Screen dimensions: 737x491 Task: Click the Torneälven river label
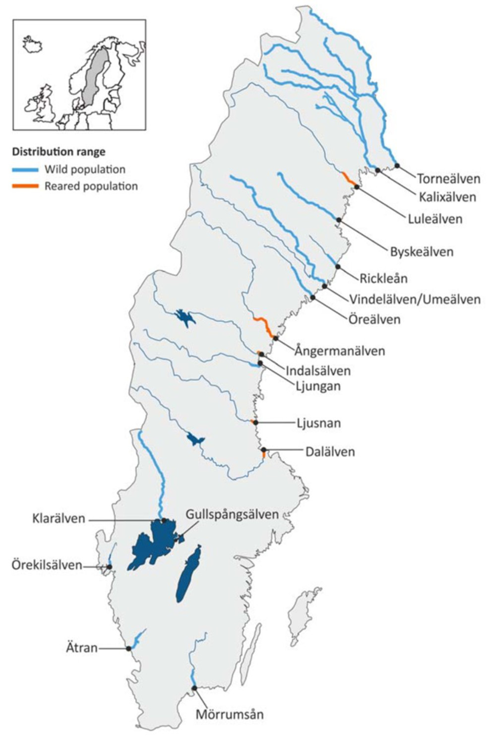[x=448, y=179]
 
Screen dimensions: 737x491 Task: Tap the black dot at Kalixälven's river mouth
[x=378, y=170]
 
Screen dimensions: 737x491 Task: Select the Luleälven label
[x=435, y=219]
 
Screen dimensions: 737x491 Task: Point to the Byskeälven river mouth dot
[x=339, y=220]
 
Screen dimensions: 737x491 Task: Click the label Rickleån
[x=383, y=278]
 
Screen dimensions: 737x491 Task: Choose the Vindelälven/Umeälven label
[x=415, y=300]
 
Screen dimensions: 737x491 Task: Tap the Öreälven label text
[x=374, y=319]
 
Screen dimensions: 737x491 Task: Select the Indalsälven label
[x=318, y=370]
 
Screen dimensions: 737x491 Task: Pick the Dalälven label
[x=330, y=452]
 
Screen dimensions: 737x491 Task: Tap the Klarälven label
[x=59, y=519]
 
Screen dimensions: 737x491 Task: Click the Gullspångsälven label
[x=232, y=514]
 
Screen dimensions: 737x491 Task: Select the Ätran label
[x=81, y=648]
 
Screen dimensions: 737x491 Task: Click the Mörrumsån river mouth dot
[x=194, y=688]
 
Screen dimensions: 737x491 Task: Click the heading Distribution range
[x=59, y=152]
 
